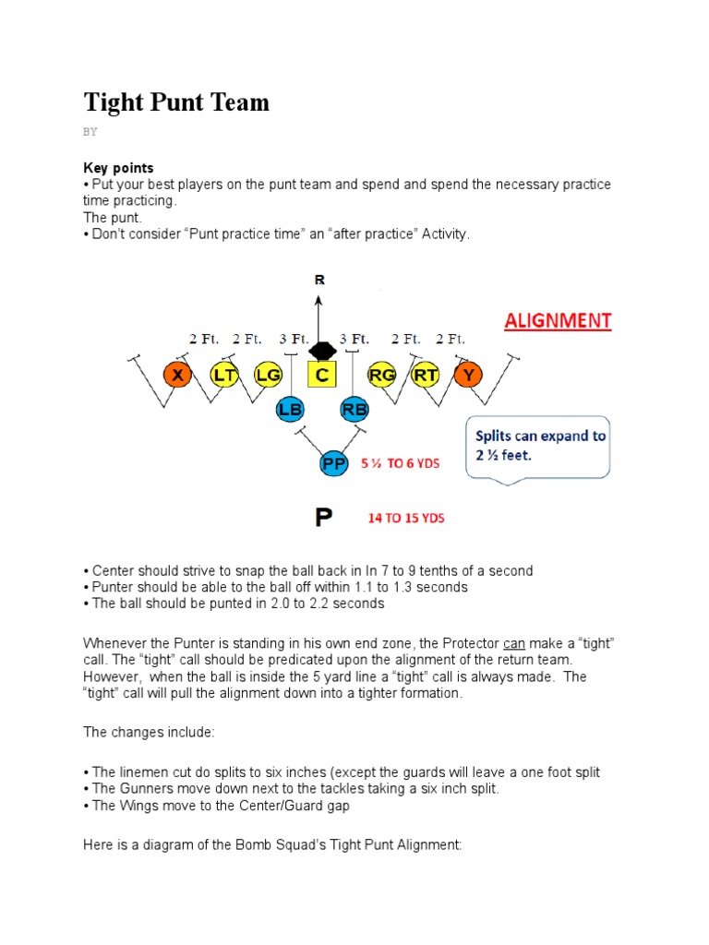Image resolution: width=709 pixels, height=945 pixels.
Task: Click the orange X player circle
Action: (176, 375)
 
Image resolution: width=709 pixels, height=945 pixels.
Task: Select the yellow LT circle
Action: (224, 375)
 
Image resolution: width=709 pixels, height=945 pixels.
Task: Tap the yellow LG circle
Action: (268, 375)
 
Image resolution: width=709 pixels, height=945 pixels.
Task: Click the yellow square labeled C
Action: (322, 375)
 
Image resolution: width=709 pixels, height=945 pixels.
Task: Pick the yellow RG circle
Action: (381, 375)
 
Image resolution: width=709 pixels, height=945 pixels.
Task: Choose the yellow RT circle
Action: (426, 375)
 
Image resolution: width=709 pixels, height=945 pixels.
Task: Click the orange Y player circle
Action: (469, 375)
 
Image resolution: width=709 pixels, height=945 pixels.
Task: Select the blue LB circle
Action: (290, 409)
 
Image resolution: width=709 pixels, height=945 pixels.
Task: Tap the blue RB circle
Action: (354, 409)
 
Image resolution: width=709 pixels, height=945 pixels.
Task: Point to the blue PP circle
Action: (333, 463)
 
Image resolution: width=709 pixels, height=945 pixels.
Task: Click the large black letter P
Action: (323, 518)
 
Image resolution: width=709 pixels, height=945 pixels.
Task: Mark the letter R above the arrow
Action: (319, 279)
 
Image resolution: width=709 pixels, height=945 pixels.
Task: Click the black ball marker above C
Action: (321, 352)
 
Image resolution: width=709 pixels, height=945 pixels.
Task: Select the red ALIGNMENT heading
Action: (557, 320)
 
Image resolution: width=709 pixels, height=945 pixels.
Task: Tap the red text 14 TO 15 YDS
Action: (406, 519)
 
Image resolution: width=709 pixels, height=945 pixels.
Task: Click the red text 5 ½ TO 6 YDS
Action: (400, 463)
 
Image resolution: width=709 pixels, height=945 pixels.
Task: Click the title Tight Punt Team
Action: (176, 102)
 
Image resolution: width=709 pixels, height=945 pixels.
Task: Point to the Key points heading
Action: (118, 168)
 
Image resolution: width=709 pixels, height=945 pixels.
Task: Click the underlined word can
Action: (514, 642)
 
